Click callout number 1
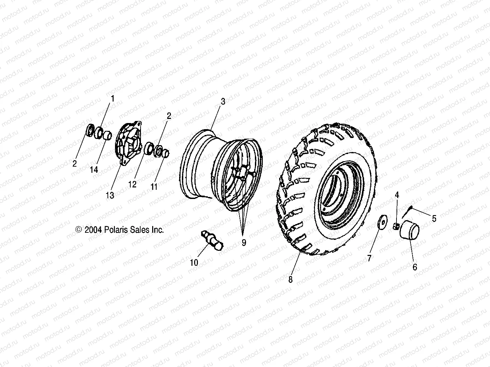tap(112, 98)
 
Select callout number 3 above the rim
tap(223, 102)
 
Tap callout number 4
tap(397, 195)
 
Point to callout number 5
tap(434, 218)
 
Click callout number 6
tap(415, 267)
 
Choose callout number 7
tap(369, 258)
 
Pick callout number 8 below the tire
tap(290, 279)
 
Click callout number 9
tap(244, 243)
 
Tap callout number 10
tap(194, 262)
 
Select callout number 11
tap(154, 187)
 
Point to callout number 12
tap(132, 184)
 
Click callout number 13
tap(110, 196)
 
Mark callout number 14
tap(94, 169)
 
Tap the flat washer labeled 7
tap(383, 223)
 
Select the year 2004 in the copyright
tap(93, 230)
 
